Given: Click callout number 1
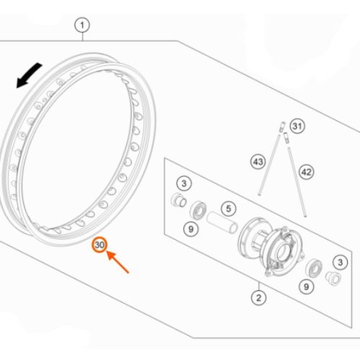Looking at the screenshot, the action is pyautogui.click(x=82, y=25).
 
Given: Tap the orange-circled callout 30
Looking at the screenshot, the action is pyautogui.click(x=99, y=245).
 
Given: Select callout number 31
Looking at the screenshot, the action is pyautogui.click(x=297, y=126).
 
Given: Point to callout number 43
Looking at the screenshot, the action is pyautogui.click(x=258, y=162).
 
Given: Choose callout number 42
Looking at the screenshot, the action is pyautogui.click(x=307, y=172).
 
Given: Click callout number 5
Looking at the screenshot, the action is pyautogui.click(x=228, y=209).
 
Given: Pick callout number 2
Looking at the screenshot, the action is pyautogui.click(x=258, y=298).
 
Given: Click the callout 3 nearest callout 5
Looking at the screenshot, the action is pyautogui.click(x=184, y=184).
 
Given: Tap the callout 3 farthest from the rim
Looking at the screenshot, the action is pyautogui.click(x=340, y=262).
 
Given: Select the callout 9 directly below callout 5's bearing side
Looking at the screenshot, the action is pyautogui.click(x=191, y=229).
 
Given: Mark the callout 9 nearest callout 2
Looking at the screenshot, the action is pyautogui.click(x=306, y=287).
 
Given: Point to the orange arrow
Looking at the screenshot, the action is pyautogui.click(x=117, y=262).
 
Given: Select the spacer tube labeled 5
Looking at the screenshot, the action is pyautogui.click(x=222, y=222).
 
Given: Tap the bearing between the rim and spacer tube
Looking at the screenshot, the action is pyautogui.click(x=198, y=210).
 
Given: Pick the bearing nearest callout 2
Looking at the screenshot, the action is pyautogui.click(x=314, y=269).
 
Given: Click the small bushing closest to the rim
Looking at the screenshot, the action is pyautogui.click(x=179, y=199).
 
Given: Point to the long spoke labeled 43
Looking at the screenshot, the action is pyautogui.click(x=269, y=165).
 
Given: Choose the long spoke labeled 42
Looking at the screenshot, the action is pyautogui.click(x=297, y=182).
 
